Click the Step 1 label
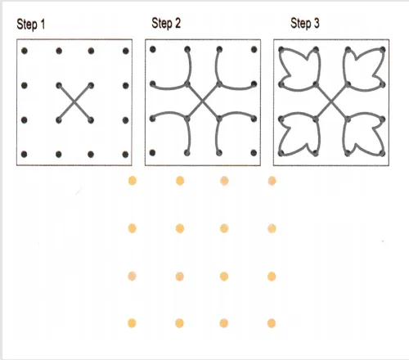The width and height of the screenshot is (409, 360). (31, 25)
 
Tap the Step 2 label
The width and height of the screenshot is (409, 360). (166, 23)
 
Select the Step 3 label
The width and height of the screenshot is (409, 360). (305, 23)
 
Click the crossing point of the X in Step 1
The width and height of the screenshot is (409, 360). (74, 102)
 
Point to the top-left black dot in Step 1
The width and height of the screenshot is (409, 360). (25, 51)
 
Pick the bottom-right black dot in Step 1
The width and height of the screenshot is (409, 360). (125, 155)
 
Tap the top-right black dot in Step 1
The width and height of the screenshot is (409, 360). (126, 51)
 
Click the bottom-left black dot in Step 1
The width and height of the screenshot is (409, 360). (24, 155)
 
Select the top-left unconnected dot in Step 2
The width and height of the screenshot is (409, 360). (153, 49)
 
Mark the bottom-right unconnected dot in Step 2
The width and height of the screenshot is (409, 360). (254, 153)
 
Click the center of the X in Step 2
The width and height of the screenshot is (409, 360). (203, 101)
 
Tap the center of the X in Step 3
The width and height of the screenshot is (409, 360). (331, 101)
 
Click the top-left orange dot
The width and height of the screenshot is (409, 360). (133, 181)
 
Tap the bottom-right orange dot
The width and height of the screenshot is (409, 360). (272, 323)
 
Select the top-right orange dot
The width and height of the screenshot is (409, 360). (272, 181)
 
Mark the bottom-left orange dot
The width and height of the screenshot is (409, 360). (132, 323)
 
